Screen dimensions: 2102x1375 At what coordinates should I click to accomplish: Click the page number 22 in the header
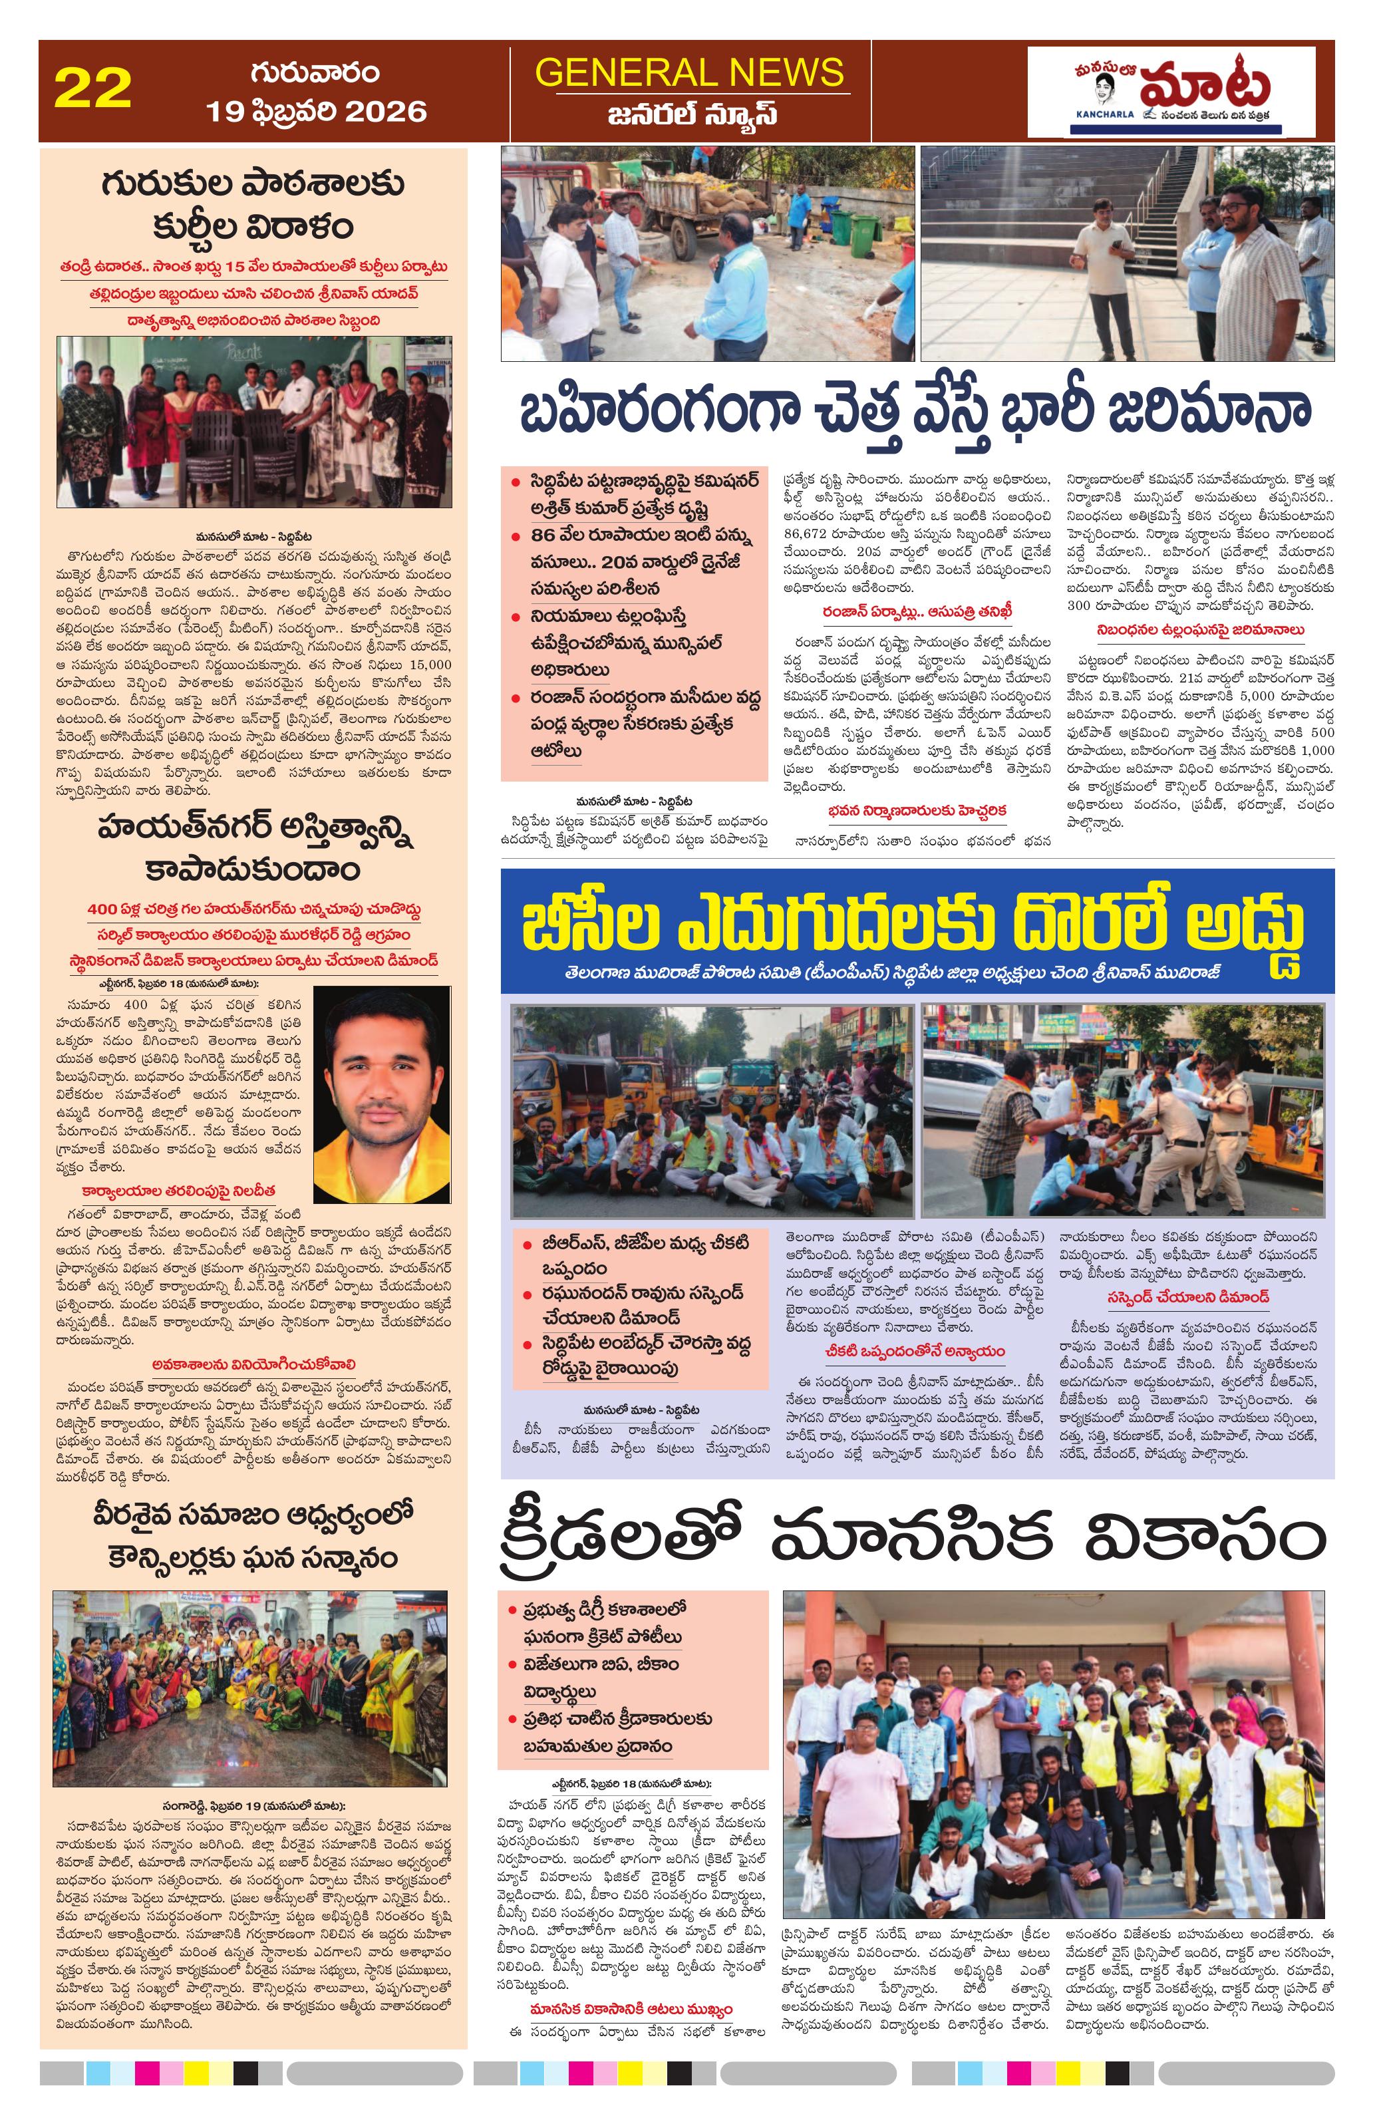click(x=92, y=89)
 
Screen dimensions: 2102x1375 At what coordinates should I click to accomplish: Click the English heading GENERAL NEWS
click(x=690, y=73)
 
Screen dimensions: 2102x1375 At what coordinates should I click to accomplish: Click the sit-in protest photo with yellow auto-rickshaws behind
click(x=711, y=1110)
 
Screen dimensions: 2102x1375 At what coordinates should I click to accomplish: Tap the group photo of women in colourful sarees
click(x=250, y=1689)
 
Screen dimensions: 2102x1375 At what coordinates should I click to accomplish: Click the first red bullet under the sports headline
click(x=512, y=1609)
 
